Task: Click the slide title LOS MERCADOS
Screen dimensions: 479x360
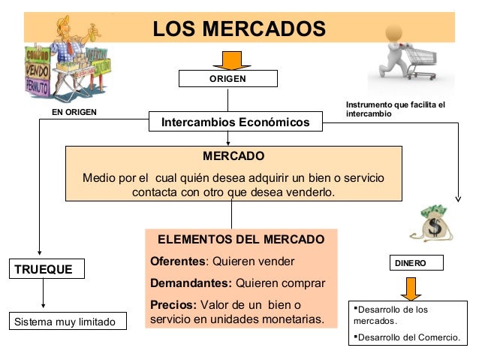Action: [239, 29]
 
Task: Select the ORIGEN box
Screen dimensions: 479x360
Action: [227, 78]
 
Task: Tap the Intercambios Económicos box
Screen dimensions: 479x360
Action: [236, 122]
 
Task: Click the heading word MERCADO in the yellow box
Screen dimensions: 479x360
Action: [233, 157]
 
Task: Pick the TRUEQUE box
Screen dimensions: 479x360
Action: [46, 268]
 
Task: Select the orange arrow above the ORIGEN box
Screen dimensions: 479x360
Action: [227, 59]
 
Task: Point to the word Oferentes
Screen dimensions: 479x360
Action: [177, 262]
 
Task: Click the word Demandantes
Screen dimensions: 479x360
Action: [191, 283]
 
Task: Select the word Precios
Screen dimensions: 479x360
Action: [172, 305]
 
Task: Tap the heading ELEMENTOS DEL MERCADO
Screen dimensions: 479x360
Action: [241, 240]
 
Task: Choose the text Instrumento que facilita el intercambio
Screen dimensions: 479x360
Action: [395, 109]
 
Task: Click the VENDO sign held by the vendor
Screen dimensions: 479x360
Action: [37, 68]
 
